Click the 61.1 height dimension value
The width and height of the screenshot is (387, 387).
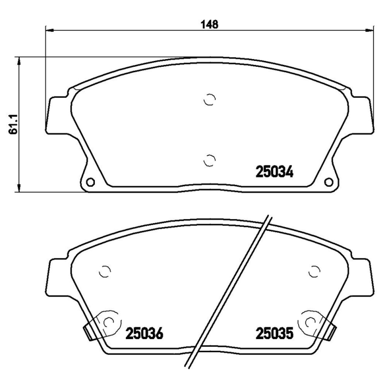tap(14, 124)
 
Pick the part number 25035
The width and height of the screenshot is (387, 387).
tap(274, 333)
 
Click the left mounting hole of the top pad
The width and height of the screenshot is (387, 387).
tap(90, 182)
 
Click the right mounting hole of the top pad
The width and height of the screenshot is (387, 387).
tap(329, 182)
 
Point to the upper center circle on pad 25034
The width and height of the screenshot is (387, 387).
tap(209, 99)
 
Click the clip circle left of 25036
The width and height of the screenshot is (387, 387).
tap(109, 321)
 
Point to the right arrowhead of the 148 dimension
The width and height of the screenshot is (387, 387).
tap(373, 29)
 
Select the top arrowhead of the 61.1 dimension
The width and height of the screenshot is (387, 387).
tap(19, 60)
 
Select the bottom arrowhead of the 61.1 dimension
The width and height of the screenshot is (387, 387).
tap(19, 189)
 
